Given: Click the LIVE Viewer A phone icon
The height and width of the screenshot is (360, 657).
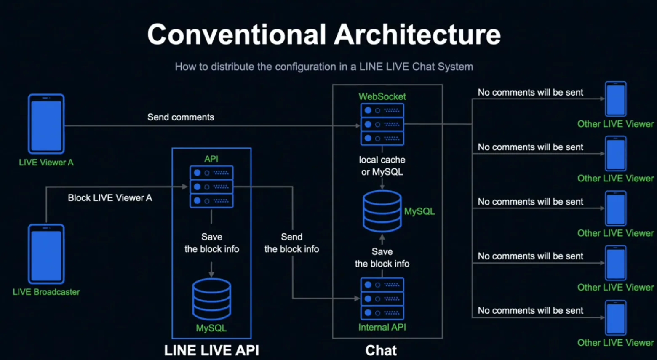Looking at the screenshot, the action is pyautogui.click(x=46, y=124).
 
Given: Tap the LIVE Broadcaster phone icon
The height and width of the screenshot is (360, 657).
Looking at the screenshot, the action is pyautogui.click(x=46, y=254).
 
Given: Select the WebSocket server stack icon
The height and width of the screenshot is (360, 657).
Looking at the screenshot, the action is pyautogui.click(x=382, y=124).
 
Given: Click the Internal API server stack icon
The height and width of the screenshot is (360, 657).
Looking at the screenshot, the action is pyautogui.click(x=382, y=299).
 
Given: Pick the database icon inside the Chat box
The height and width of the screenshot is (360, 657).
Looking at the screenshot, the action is pyautogui.click(x=382, y=211).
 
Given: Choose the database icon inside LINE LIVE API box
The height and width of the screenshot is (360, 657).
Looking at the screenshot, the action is pyautogui.click(x=211, y=299).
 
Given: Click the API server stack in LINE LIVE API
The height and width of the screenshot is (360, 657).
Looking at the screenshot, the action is pyautogui.click(x=211, y=187).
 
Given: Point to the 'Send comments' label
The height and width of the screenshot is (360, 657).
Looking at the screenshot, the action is pyautogui.click(x=181, y=117).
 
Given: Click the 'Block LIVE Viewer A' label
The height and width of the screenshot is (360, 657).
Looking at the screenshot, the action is pyautogui.click(x=110, y=198).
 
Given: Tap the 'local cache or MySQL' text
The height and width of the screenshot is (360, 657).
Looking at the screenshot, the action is pyautogui.click(x=382, y=165).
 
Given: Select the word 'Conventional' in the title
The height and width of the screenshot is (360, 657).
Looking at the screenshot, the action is pyautogui.click(x=237, y=34).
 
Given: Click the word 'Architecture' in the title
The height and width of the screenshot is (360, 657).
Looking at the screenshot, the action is pyautogui.click(x=417, y=34).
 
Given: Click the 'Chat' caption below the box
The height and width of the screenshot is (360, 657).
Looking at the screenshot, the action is pyautogui.click(x=381, y=350).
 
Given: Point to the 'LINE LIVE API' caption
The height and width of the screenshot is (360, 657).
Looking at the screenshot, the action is pyautogui.click(x=211, y=350).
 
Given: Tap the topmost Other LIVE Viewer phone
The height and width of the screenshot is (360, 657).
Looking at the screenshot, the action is pyautogui.click(x=616, y=99).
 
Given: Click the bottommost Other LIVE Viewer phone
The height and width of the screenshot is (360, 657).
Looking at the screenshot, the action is pyautogui.click(x=616, y=318).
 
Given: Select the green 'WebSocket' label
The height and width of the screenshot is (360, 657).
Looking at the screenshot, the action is pyautogui.click(x=382, y=96).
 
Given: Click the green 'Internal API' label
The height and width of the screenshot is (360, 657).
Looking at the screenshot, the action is pyautogui.click(x=382, y=327).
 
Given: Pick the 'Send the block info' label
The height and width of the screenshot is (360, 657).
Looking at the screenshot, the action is pyautogui.click(x=291, y=243).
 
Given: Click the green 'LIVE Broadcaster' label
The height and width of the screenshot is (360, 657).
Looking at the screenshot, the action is pyautogui.click(x=46, y=292).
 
